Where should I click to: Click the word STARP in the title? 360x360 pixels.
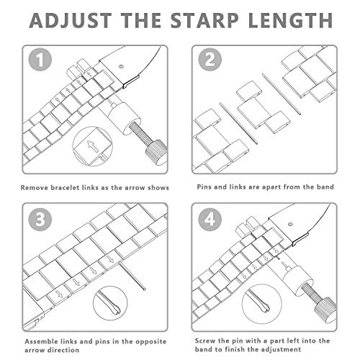(x=204, y=20)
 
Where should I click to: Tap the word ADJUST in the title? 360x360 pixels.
(x=71, y=20)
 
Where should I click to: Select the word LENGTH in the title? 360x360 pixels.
(x=290, y=20)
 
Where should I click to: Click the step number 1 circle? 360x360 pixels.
(x=40, y=60)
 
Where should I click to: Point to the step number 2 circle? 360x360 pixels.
(x=210, y=60)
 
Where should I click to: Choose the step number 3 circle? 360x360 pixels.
(x=40, y=220)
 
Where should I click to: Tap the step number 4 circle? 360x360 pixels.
(x=210, y=220)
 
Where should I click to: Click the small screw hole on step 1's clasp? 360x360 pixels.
(x=121, y=66)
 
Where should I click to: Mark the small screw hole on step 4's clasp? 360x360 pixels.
(x=290, y=225)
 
